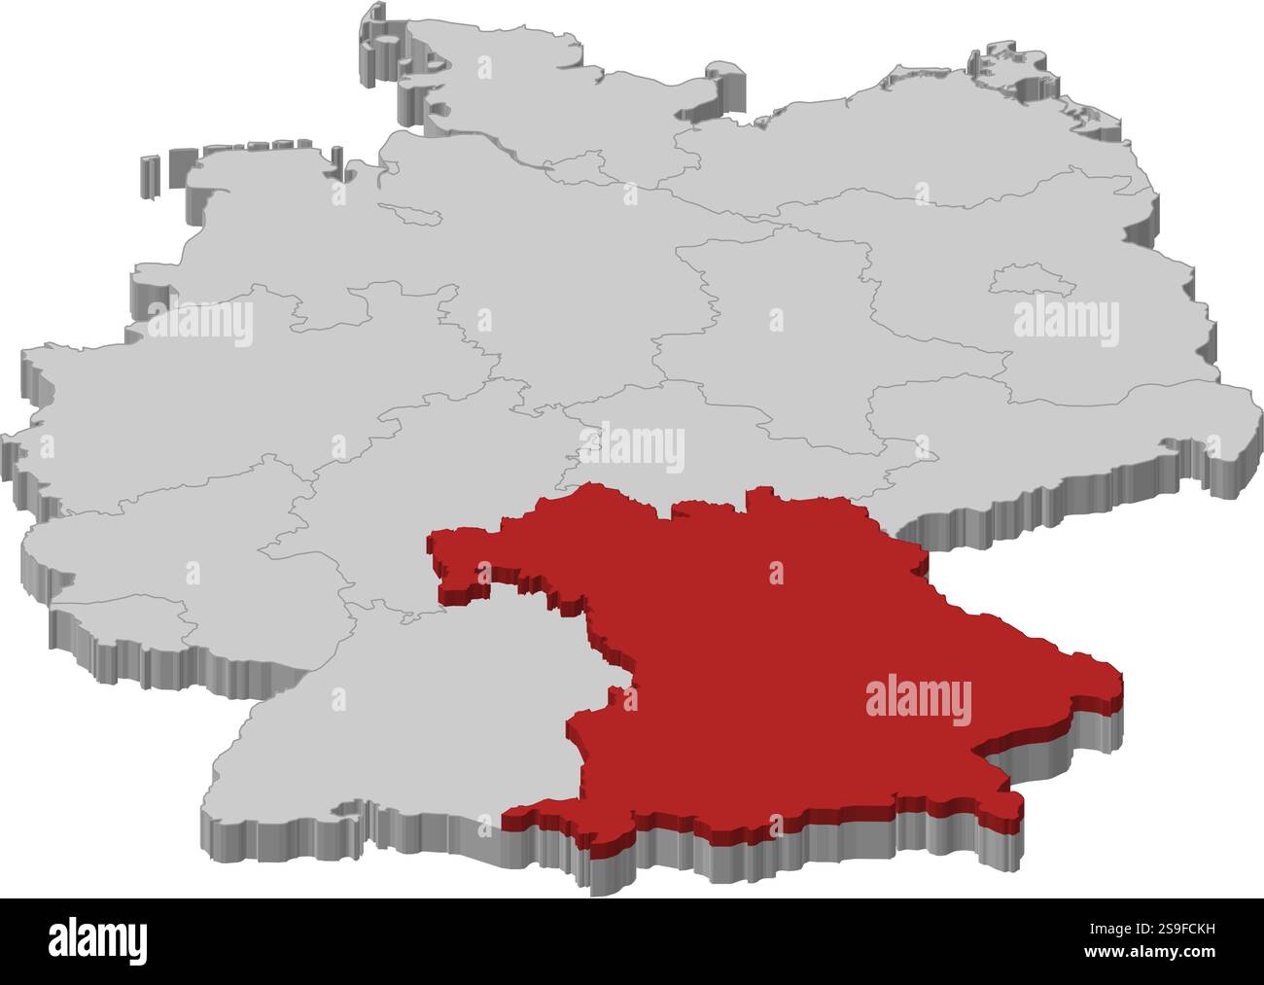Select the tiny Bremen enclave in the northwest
pyautogui.click(x=412, y=211)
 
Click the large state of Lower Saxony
pyautogui.click(x=486, y=243)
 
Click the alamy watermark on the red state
pyautogui.click(x=917, y=702)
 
